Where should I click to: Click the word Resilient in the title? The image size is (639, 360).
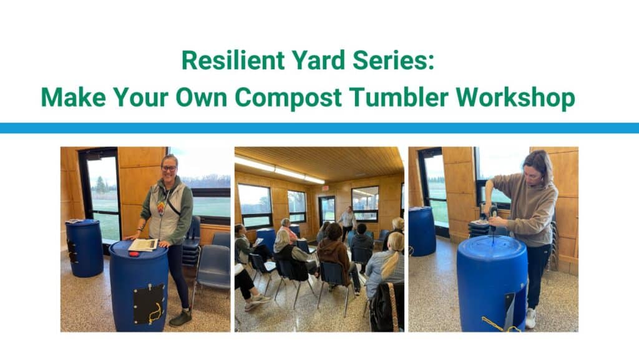[233, 60]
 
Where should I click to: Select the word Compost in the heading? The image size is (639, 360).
[288, 98]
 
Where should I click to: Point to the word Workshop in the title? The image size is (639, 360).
[515, 98]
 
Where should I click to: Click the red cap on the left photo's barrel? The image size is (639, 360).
[134, 254]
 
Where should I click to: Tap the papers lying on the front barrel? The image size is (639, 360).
[143, 245]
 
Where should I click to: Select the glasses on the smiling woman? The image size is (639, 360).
[168, 168]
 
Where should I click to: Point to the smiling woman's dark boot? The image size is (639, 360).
[180, 318]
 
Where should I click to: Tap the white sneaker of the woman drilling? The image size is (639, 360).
[530, 318]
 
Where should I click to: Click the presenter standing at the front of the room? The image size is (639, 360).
[346, 223]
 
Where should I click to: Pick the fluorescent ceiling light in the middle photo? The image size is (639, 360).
[280, 168]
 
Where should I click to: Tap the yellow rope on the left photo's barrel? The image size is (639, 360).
[155, 313]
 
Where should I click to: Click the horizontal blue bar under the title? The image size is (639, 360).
[319, 128]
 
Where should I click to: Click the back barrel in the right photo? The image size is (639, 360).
[422, 231]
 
